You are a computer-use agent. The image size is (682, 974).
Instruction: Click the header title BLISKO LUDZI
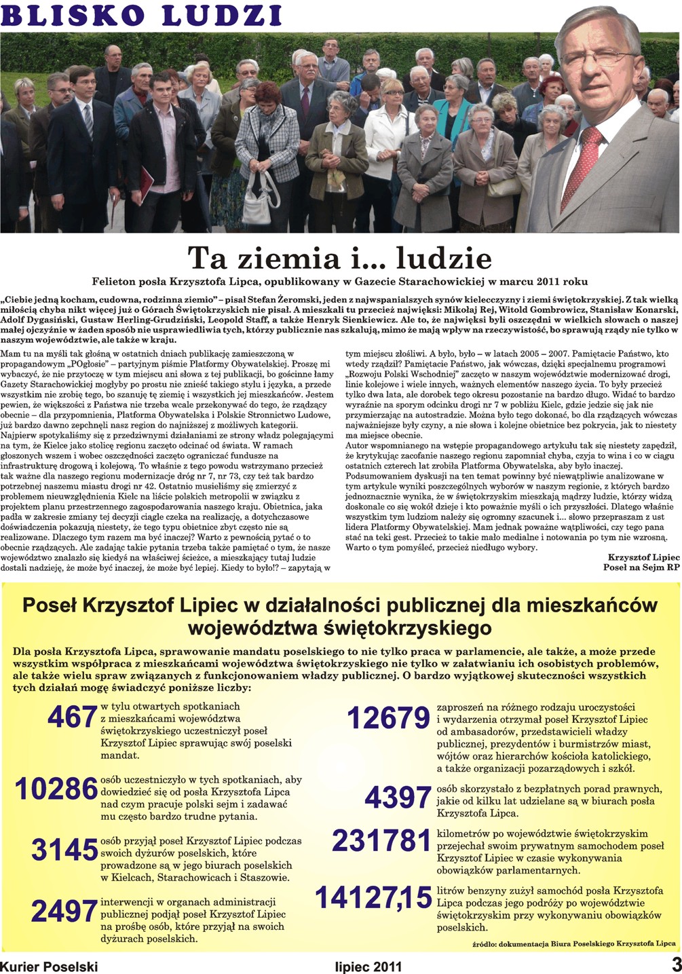click(142, 14)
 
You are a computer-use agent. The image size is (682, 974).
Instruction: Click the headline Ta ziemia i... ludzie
click(339, 258)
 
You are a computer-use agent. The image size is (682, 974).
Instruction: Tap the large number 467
click(73, 717)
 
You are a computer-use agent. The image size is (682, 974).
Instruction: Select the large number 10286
click(56, 789)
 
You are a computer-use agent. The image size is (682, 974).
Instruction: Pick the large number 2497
click(64, 912)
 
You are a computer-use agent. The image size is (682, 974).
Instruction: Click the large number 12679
click(389, 717)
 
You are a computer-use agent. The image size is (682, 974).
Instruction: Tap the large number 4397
click(398, 798)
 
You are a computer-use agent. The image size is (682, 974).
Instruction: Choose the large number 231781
click(382, 841)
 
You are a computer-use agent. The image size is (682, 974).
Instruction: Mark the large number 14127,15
click(374, 898)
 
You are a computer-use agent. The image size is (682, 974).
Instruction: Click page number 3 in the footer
click(675, 964)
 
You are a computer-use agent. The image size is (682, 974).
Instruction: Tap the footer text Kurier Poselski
click(49, 966)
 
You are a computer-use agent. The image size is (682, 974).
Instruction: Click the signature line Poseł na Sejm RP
click(641, 567)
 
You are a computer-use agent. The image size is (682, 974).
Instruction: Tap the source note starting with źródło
click(573, 943)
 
